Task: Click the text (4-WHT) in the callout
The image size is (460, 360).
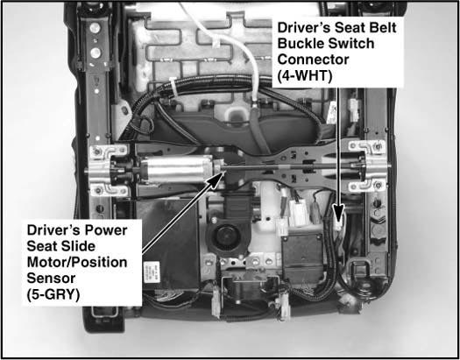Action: pos(305,76)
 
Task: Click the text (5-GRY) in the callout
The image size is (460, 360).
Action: pos(53,294)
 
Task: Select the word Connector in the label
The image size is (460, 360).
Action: pos(313,60)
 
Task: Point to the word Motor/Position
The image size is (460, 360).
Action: pos(77,262)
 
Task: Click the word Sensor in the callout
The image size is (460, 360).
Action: pos(51,279)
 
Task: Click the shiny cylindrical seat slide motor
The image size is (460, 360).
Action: pos(176,169)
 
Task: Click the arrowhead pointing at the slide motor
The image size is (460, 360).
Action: pos(216,179)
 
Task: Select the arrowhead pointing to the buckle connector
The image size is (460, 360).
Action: pos(338,212)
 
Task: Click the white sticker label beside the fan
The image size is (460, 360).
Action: pos(152,272)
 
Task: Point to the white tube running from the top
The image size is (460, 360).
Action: pos(232,50)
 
